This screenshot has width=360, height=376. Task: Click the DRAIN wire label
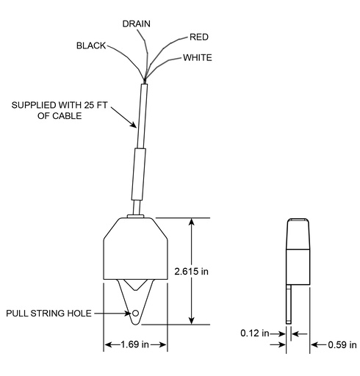(136, 23)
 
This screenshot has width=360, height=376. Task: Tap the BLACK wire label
(91, 46)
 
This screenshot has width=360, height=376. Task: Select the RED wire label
(199, 37)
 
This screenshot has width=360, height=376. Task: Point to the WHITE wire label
(198, 57)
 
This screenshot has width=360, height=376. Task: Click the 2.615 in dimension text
(191, 271)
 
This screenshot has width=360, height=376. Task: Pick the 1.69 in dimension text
(135, 344)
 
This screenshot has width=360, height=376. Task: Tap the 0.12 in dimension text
(255, 333)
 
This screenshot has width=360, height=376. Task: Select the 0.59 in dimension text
(342, 345)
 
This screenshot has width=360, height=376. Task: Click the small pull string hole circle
(135, 313)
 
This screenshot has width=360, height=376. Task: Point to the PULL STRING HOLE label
(48, 314)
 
